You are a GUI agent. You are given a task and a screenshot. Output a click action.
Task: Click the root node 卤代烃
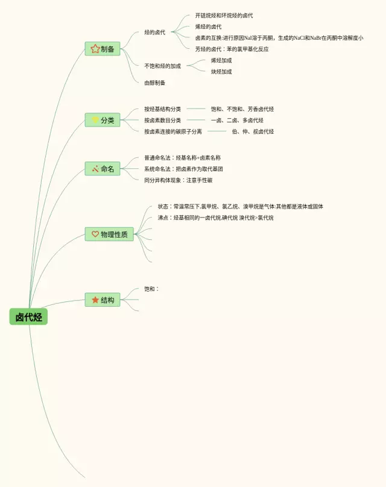pyautogui.click(x=28, y=317)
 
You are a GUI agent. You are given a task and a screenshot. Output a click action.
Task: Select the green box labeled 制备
pyautogui.click(x=103, y=49)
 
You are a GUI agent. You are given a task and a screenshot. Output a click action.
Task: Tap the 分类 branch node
pyautogui.click(x=103, y=120)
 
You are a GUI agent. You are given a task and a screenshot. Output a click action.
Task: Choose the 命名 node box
pyautogui.click(x=103, y=169)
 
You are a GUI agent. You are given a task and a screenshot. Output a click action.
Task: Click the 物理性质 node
pyautogui.click(x=109, y=234)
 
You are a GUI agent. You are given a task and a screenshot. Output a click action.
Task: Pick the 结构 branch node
pyautogui.click(x=103, y=300)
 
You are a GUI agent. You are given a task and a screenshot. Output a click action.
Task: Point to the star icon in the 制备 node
pyautogui.click(x=95, y=49)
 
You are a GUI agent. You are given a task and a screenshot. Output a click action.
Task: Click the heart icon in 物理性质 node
pyautogui.click(x=95, y=234)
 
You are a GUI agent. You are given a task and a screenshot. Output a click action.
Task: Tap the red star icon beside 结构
pyautogui.click(x=95, y=300)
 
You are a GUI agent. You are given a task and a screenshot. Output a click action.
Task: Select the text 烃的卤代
pyautogui.click(x=154, y=32)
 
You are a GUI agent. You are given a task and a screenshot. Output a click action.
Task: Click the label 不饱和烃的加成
pyautogui.click(x=162, y=66)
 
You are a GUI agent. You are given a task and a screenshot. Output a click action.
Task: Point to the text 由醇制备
pyautogui.click(x=154, y=83)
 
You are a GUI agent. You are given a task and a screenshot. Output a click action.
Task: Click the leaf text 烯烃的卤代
pyautogui.click(x=208, y=27)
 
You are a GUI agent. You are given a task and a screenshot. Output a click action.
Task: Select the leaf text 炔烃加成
pyautogui.click(x=221, y=72)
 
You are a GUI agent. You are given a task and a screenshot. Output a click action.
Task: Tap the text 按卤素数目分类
pyautogui.click(x=162, y=120)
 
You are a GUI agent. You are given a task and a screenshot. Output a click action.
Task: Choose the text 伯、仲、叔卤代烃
pyautogui.click(x=253, y=131)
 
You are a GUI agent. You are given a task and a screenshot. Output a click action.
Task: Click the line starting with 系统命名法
pyautogui.click(x=183, y=169)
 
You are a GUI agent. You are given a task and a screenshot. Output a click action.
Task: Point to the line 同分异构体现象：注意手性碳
pyautogui.click(x=178, y=180)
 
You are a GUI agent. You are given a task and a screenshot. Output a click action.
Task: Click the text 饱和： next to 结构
pyautogui.click(x=151, y=289)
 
